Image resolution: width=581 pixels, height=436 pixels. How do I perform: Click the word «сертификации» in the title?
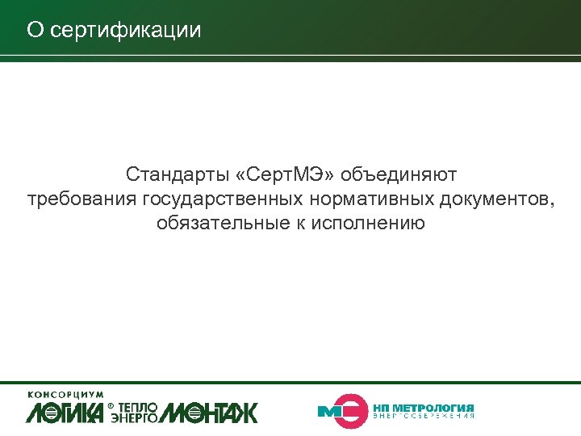point(125,31)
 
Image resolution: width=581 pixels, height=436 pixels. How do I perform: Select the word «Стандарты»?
point(170,174)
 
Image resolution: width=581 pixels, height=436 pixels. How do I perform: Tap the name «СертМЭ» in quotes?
point(289,174)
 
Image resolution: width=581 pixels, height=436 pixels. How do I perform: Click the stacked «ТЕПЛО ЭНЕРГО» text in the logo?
point(138,412)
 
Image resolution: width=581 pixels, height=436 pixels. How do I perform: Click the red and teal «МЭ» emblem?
point(340,410)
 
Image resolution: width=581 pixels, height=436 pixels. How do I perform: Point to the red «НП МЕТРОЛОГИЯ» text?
point(424,407)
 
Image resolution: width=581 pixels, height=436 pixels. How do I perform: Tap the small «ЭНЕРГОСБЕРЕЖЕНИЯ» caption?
point(424,416)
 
